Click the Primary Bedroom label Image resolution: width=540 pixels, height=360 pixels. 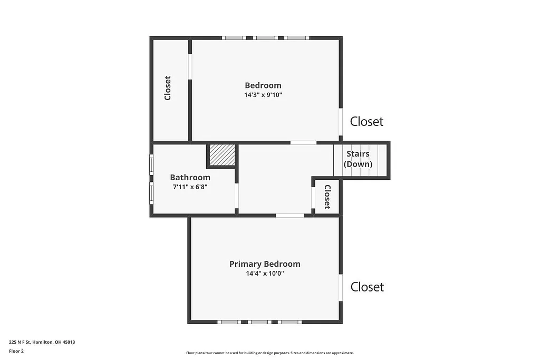[265, 264]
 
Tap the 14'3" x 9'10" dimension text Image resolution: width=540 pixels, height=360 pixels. [263, 95]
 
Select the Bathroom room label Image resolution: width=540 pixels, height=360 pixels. [190, 178]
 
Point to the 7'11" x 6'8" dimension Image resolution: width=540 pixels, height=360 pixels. [190, 187]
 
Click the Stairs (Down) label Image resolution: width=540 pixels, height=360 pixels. [358, 159]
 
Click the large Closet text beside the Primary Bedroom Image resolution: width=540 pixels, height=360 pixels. [367, 287]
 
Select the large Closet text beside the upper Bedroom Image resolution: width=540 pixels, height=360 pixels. [367, 121]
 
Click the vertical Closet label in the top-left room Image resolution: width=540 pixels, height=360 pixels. [168, 88]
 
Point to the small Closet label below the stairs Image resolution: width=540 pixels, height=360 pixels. [327, 197]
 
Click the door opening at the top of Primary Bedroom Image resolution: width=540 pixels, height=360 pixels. [290, 215]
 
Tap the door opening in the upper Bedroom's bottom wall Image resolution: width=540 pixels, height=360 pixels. [303, 142]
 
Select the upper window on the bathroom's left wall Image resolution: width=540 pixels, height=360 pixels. [151, 164]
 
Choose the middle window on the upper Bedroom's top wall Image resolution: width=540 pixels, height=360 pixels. [265, 38]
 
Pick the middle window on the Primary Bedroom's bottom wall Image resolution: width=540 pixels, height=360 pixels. [259, 322]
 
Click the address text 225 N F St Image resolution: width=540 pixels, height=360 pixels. [42, 342]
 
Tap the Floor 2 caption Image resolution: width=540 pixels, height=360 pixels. [16, 351]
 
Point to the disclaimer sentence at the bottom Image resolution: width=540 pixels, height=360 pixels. [269, 353]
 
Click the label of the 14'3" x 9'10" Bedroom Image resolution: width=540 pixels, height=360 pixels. [263, 85]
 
